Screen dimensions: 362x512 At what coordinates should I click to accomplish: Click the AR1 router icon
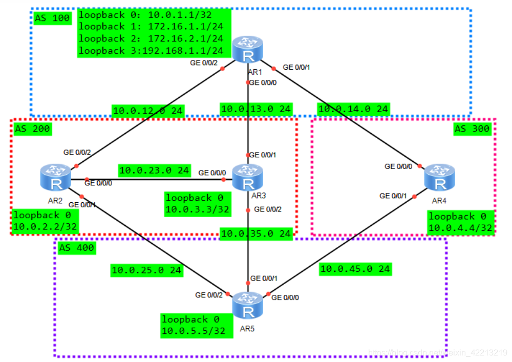point(248,50)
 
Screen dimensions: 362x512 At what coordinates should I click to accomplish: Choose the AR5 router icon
point(248,305)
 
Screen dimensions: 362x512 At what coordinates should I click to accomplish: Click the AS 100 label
point(52,18)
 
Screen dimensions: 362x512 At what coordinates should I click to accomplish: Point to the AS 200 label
point(33,129)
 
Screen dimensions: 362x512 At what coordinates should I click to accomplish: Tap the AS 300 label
point(472,129)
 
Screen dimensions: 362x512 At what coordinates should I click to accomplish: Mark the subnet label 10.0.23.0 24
point(154,169)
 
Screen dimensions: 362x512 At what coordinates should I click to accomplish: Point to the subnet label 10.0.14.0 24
point(353,109)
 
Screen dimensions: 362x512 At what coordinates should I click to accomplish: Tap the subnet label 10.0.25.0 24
point(146,270)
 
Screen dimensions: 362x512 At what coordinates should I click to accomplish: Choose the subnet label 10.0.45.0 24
point(355,268)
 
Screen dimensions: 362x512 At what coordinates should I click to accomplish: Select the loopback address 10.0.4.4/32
point(461,228)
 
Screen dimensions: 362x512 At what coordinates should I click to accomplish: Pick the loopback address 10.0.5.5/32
point(194,331)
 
